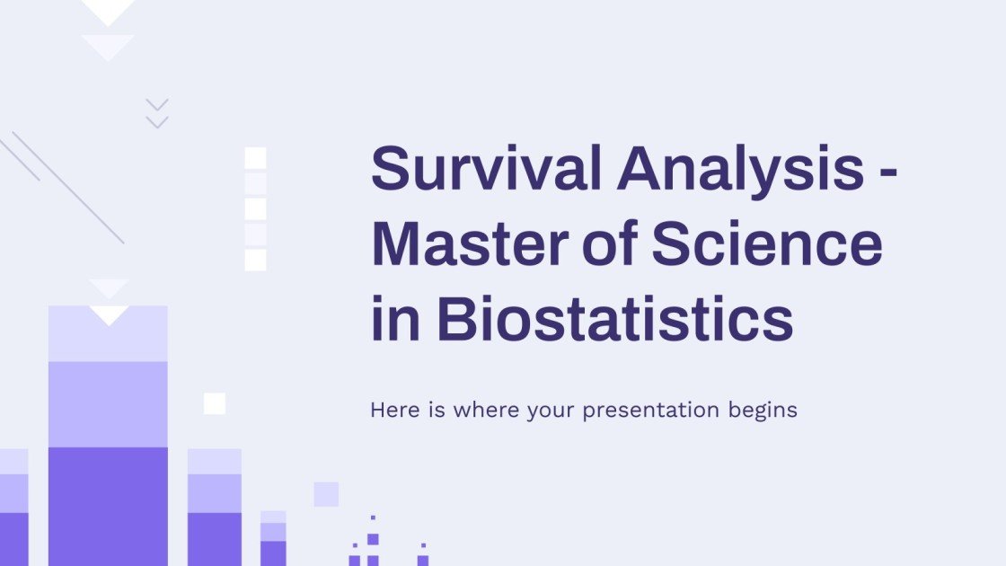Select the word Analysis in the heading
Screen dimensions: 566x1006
(739, 168)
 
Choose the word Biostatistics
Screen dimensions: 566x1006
(615, 319)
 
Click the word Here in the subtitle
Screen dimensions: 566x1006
(395, 411)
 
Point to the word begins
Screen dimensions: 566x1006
(763, 411)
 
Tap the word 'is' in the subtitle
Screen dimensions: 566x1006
(437, 411)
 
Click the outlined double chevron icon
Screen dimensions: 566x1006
(157, 113)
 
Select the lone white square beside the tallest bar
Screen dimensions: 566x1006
(215, 403)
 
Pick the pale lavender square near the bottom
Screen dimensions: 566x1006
(326, 494)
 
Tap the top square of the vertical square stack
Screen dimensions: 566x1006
(256, 158)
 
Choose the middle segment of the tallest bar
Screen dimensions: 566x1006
(108, 403)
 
